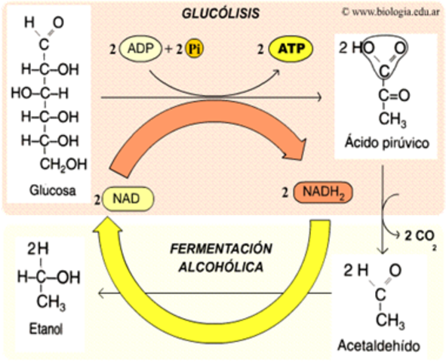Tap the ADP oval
[x=145, y=51]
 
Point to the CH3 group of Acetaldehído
[x=390, y=321]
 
